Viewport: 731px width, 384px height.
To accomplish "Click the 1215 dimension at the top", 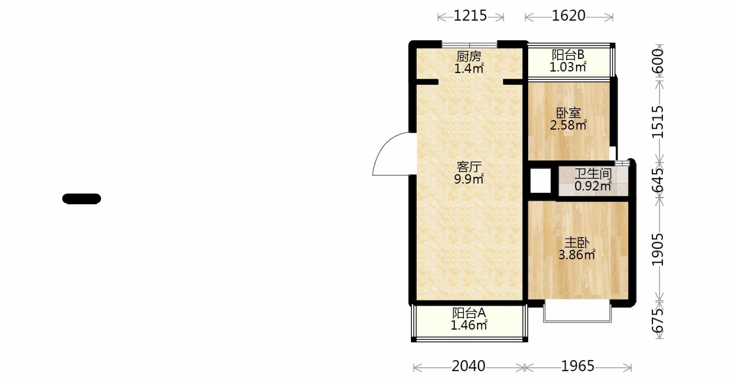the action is click(470, 16).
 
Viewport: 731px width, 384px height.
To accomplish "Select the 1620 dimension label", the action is click(569, 16).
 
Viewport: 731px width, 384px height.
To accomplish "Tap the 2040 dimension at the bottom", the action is click(468, 366).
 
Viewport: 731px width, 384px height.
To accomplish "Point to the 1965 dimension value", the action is click(578, 366).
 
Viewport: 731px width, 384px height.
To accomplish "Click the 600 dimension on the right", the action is click(658, 61).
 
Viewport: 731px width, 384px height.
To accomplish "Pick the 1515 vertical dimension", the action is click(658, 122).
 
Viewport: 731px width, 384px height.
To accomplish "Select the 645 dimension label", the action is click(658, 180).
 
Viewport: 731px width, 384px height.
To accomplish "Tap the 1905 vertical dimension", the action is click(658, 249).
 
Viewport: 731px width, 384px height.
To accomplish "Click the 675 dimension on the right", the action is click(658, 320).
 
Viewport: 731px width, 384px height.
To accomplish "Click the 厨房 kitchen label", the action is click(469, 57).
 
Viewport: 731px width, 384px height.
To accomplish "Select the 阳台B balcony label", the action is click(568, 55).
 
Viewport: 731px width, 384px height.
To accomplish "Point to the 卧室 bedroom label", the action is click(569, 113).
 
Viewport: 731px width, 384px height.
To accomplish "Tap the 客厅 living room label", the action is click(469, 167).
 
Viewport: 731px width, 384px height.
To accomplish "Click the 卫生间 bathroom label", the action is click(593, 174).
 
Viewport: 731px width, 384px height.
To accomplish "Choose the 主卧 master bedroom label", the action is click(577, 243).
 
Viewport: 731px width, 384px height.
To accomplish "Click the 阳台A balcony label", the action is click(469, 313).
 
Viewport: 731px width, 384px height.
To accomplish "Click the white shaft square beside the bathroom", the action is click(540, 181).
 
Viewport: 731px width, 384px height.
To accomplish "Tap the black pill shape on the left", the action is click(81, 199).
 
